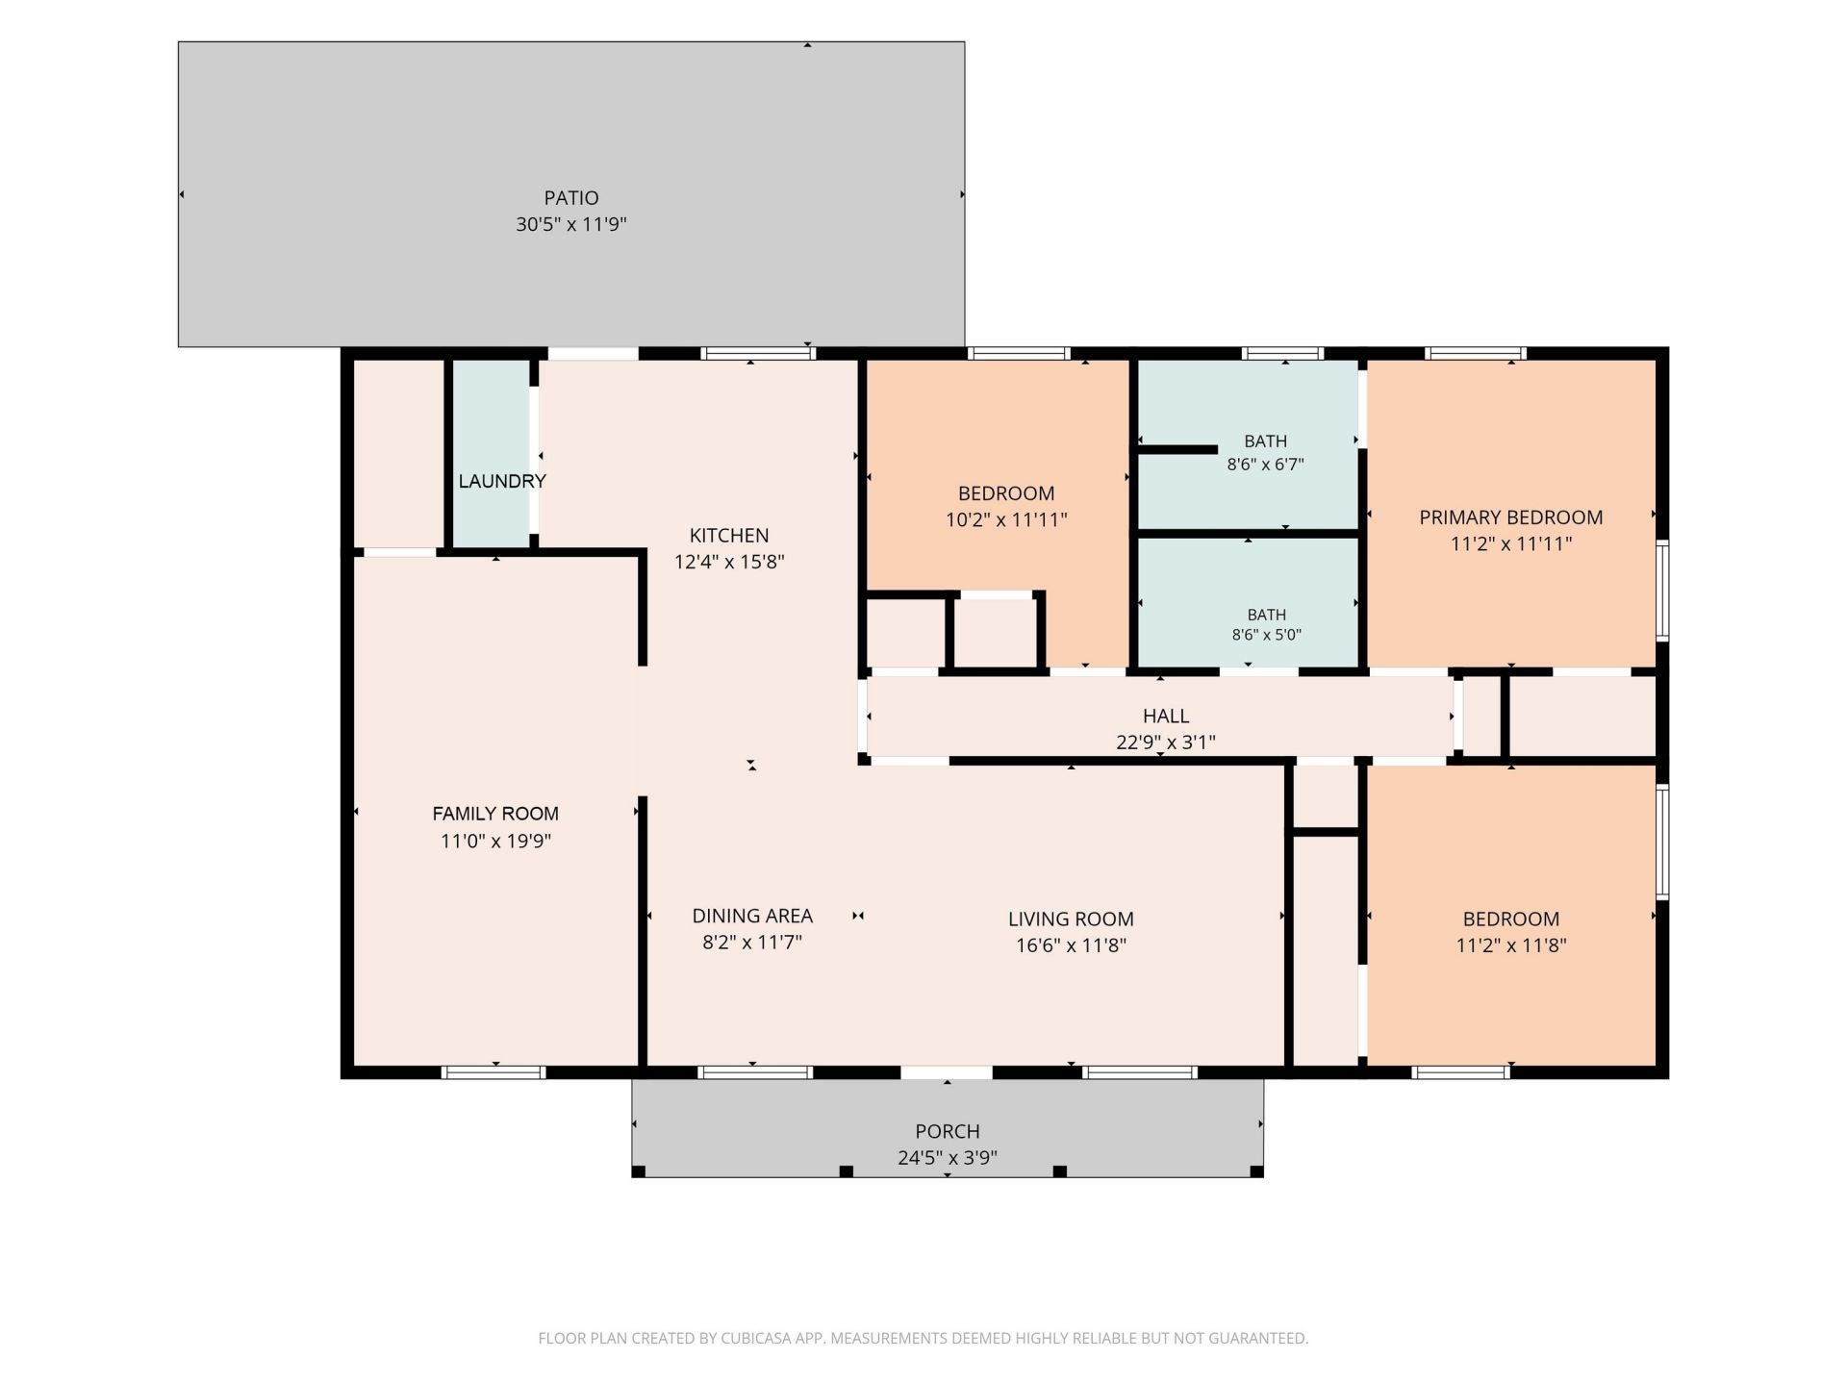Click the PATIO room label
click(x=571, y=198)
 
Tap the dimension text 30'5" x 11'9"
click(x=571, y=224)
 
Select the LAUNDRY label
click(x=502, y=481)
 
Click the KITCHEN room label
click(x=729, y=536)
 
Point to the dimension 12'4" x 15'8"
click(x=729, y=562)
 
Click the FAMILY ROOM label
click(x=495, y=814)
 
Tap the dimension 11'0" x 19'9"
click(x=495, y=841)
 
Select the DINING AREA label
click(x=752, y=916)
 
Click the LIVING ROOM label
click(x=1071, y=919)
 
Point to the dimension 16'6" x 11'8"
click(x=1071, y=944)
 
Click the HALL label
click(x=1166, y=716)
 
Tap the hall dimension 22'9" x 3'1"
click(x=1166, y=742)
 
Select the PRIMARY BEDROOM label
click(x=1511, y=517)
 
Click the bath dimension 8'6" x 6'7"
click(x=1265, y=464)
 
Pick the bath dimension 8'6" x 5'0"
click(x=1266, y=635)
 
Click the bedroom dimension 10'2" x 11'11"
click(x=1006, y=519)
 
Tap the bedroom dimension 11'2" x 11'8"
click(x=1511, y=944)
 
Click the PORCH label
click(x=948, y=1131)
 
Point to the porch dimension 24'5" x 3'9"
click(x=948, y=1157)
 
